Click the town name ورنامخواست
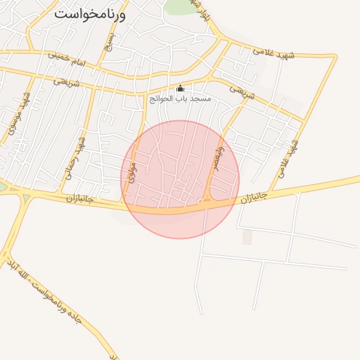tap(89, 13)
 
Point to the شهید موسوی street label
tap(19, 113)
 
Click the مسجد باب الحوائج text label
tap(180, 100)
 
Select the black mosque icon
tap(180, 89)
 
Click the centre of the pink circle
tap(180, 179)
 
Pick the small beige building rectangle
tap(247, 237)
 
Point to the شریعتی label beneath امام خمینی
tap(63, 80)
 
